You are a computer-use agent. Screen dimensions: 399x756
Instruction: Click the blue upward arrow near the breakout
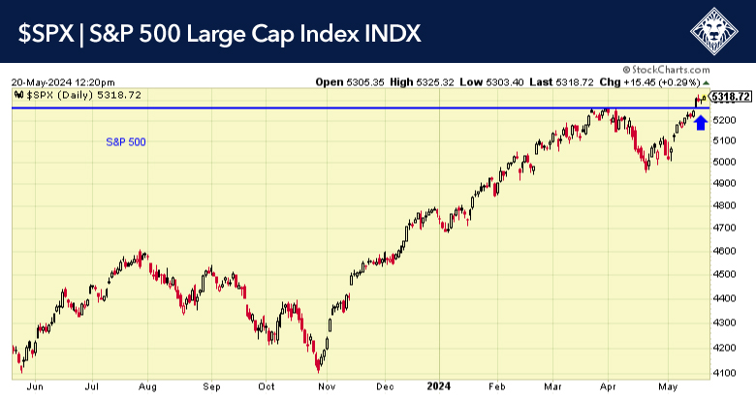[700, 121]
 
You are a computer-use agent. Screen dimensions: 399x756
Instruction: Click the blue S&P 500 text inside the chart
[126, 142]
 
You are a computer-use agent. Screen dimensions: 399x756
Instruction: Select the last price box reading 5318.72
[731, 96]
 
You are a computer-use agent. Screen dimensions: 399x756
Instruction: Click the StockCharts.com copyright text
[672, 70]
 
